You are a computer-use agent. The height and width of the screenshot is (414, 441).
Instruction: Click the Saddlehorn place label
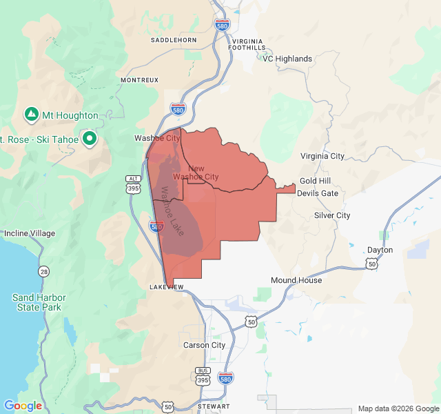(174, 40)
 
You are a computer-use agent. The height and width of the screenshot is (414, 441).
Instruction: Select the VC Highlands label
(287, 59)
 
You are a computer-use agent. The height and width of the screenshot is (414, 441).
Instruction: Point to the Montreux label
(140, 80)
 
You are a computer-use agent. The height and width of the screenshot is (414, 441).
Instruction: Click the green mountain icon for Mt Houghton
(31, 114)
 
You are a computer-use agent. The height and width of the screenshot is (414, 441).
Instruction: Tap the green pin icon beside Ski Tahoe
(89, 139)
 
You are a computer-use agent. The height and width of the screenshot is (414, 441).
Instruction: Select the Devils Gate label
(318, 193)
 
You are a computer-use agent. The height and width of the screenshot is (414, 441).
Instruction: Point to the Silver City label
(332, 215)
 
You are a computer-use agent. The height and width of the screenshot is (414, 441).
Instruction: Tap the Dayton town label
(380, 250)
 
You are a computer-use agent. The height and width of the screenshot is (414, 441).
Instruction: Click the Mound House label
(296, 280)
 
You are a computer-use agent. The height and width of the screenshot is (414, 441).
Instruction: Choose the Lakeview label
(167, 286)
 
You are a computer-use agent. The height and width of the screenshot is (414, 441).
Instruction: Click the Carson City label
(204, 345)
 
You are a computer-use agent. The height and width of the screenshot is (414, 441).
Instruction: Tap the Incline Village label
(30, 233)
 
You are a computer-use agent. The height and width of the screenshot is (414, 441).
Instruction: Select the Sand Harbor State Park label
(37, 302)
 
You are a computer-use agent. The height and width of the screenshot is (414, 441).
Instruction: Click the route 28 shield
(44, 270)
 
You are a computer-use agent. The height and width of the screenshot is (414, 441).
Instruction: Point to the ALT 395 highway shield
(133, 184)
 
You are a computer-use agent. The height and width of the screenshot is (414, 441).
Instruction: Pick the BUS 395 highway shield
(203, 375)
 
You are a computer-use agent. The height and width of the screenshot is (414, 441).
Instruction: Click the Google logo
(23, 406)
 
